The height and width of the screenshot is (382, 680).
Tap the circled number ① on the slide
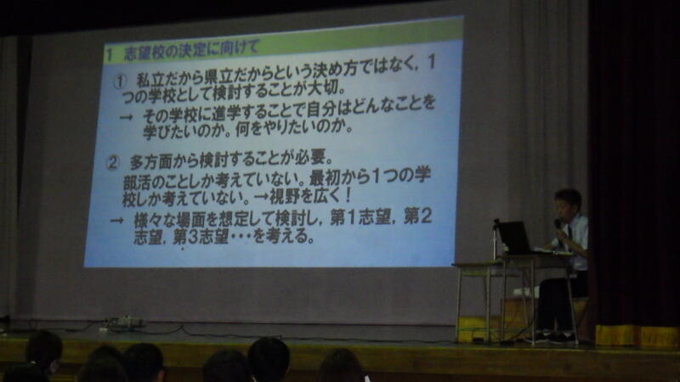[120, 81]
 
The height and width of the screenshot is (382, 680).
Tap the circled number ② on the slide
[113, 163]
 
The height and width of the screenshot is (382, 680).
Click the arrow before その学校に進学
[126, 117]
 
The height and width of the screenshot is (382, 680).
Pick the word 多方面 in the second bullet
[151, 161]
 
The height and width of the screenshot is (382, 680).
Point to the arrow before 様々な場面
[116, 221]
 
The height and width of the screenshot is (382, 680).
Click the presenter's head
[568, 204]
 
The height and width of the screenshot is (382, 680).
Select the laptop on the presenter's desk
[515, 238]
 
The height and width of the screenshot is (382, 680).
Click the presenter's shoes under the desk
[550, 337]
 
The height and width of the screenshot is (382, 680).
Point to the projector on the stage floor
[125, 323]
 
